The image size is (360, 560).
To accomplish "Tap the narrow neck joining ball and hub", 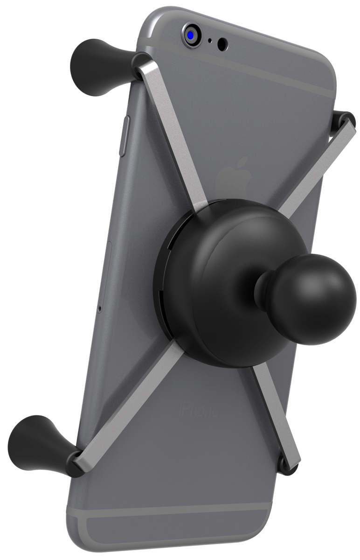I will (263, 289).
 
